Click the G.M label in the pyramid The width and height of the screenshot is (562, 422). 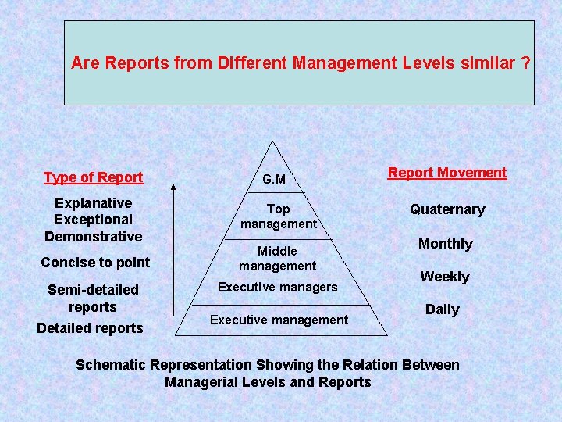click(274, 180)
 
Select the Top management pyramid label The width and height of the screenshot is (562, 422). click(279, 216)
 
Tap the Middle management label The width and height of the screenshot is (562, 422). click(278, 259)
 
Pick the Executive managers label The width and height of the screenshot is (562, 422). click(278, 288)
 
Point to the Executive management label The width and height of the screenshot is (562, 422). click(279, 320)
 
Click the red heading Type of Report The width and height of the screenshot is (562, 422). click(94, 177)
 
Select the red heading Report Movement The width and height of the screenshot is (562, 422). click(447, 173)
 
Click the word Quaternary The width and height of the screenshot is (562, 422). click(448, 209)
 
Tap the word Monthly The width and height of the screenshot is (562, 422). click(446, 244)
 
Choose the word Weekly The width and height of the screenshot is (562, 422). click(445, 277)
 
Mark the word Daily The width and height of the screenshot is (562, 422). click(443, 309)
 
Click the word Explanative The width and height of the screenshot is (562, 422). click(94, 203)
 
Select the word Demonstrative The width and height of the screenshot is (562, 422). click(94, 236)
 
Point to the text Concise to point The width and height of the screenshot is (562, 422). click(95, 263)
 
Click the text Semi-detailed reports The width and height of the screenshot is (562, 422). click(93, 299)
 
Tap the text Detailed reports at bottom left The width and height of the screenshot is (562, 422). click(91, 328)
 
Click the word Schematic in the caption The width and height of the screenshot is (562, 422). click(110, 365)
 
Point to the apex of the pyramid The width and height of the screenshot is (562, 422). click(271, 141)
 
